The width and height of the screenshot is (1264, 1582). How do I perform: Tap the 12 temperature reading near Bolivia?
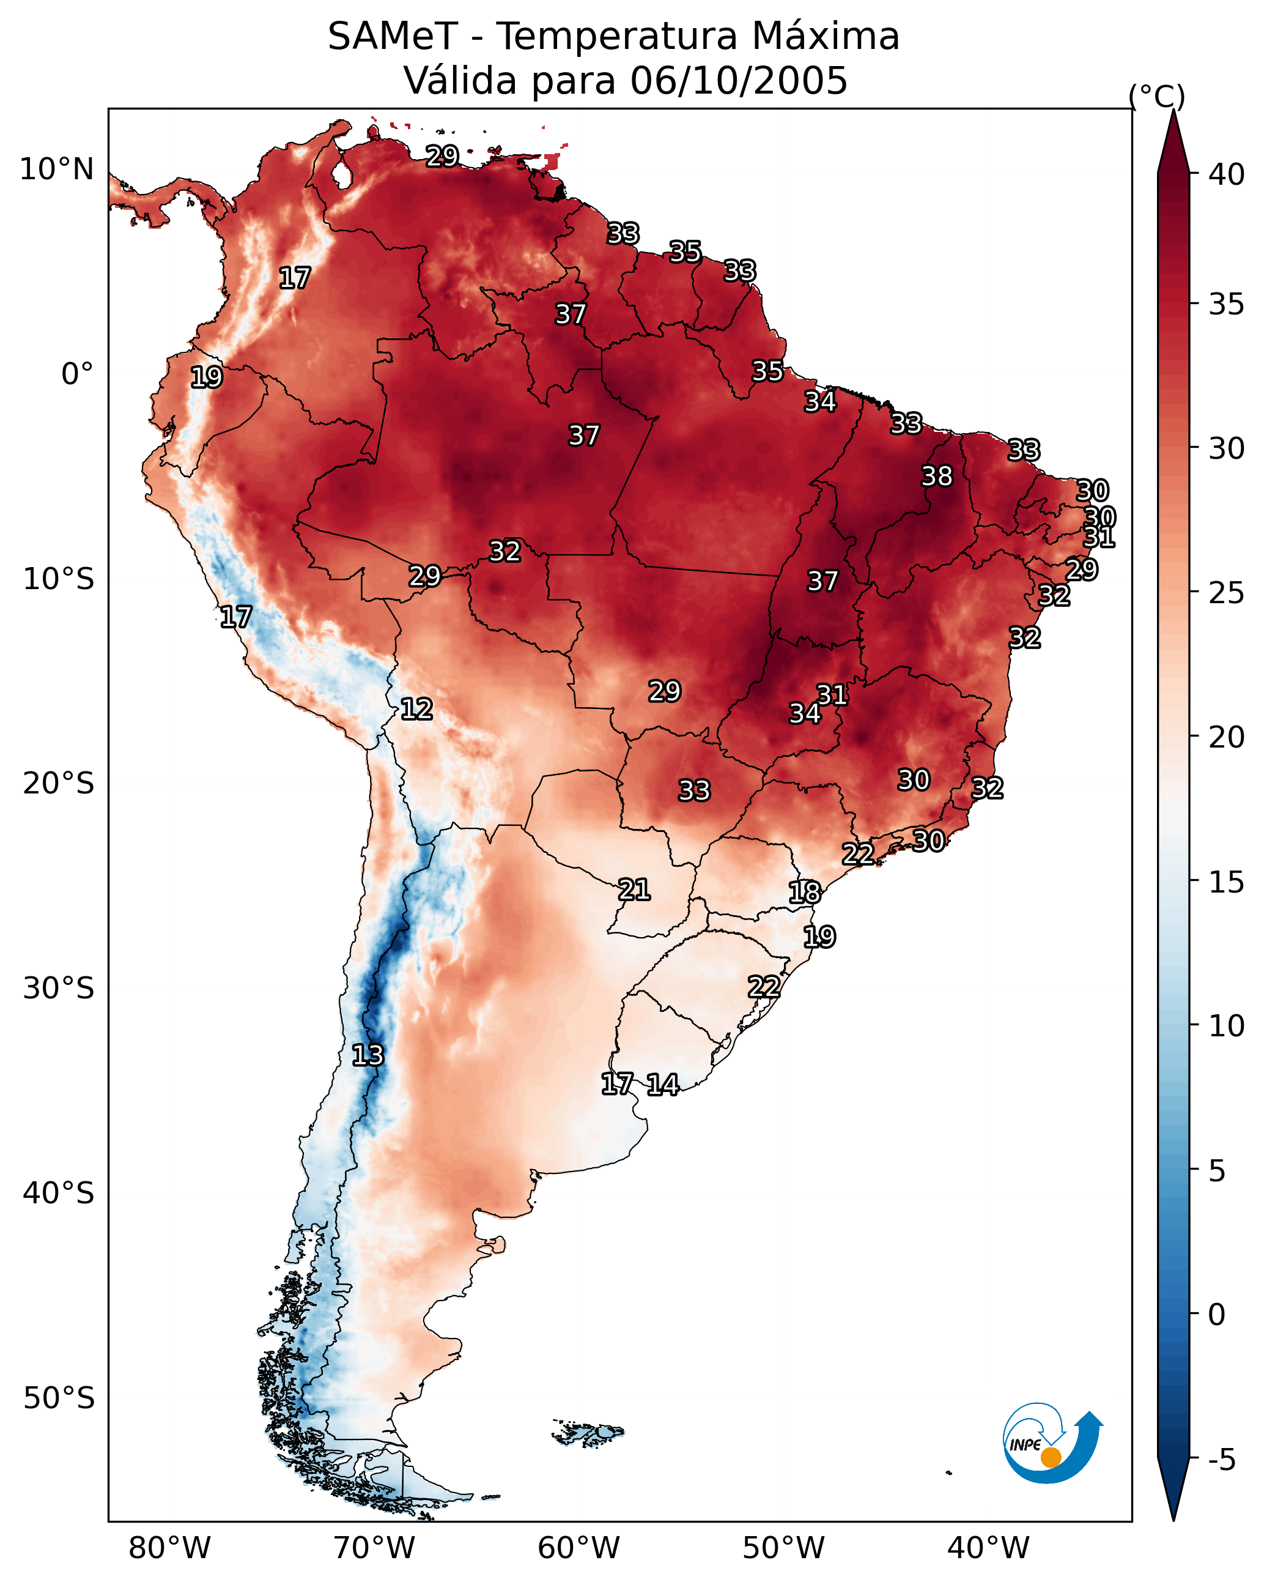416,709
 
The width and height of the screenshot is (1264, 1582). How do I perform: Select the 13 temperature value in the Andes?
367,1055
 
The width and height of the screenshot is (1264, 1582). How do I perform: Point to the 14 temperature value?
662,1085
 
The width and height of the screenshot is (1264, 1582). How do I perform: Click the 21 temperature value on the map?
634,889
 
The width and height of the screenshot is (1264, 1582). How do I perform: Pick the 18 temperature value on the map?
804,893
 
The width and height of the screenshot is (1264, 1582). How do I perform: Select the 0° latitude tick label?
77,374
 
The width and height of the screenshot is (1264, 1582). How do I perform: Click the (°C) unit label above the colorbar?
1157,96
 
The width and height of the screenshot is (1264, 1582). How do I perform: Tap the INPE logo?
1051,1443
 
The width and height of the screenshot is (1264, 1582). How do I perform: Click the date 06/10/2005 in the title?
738,80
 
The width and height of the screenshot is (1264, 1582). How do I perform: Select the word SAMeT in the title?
393,37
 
